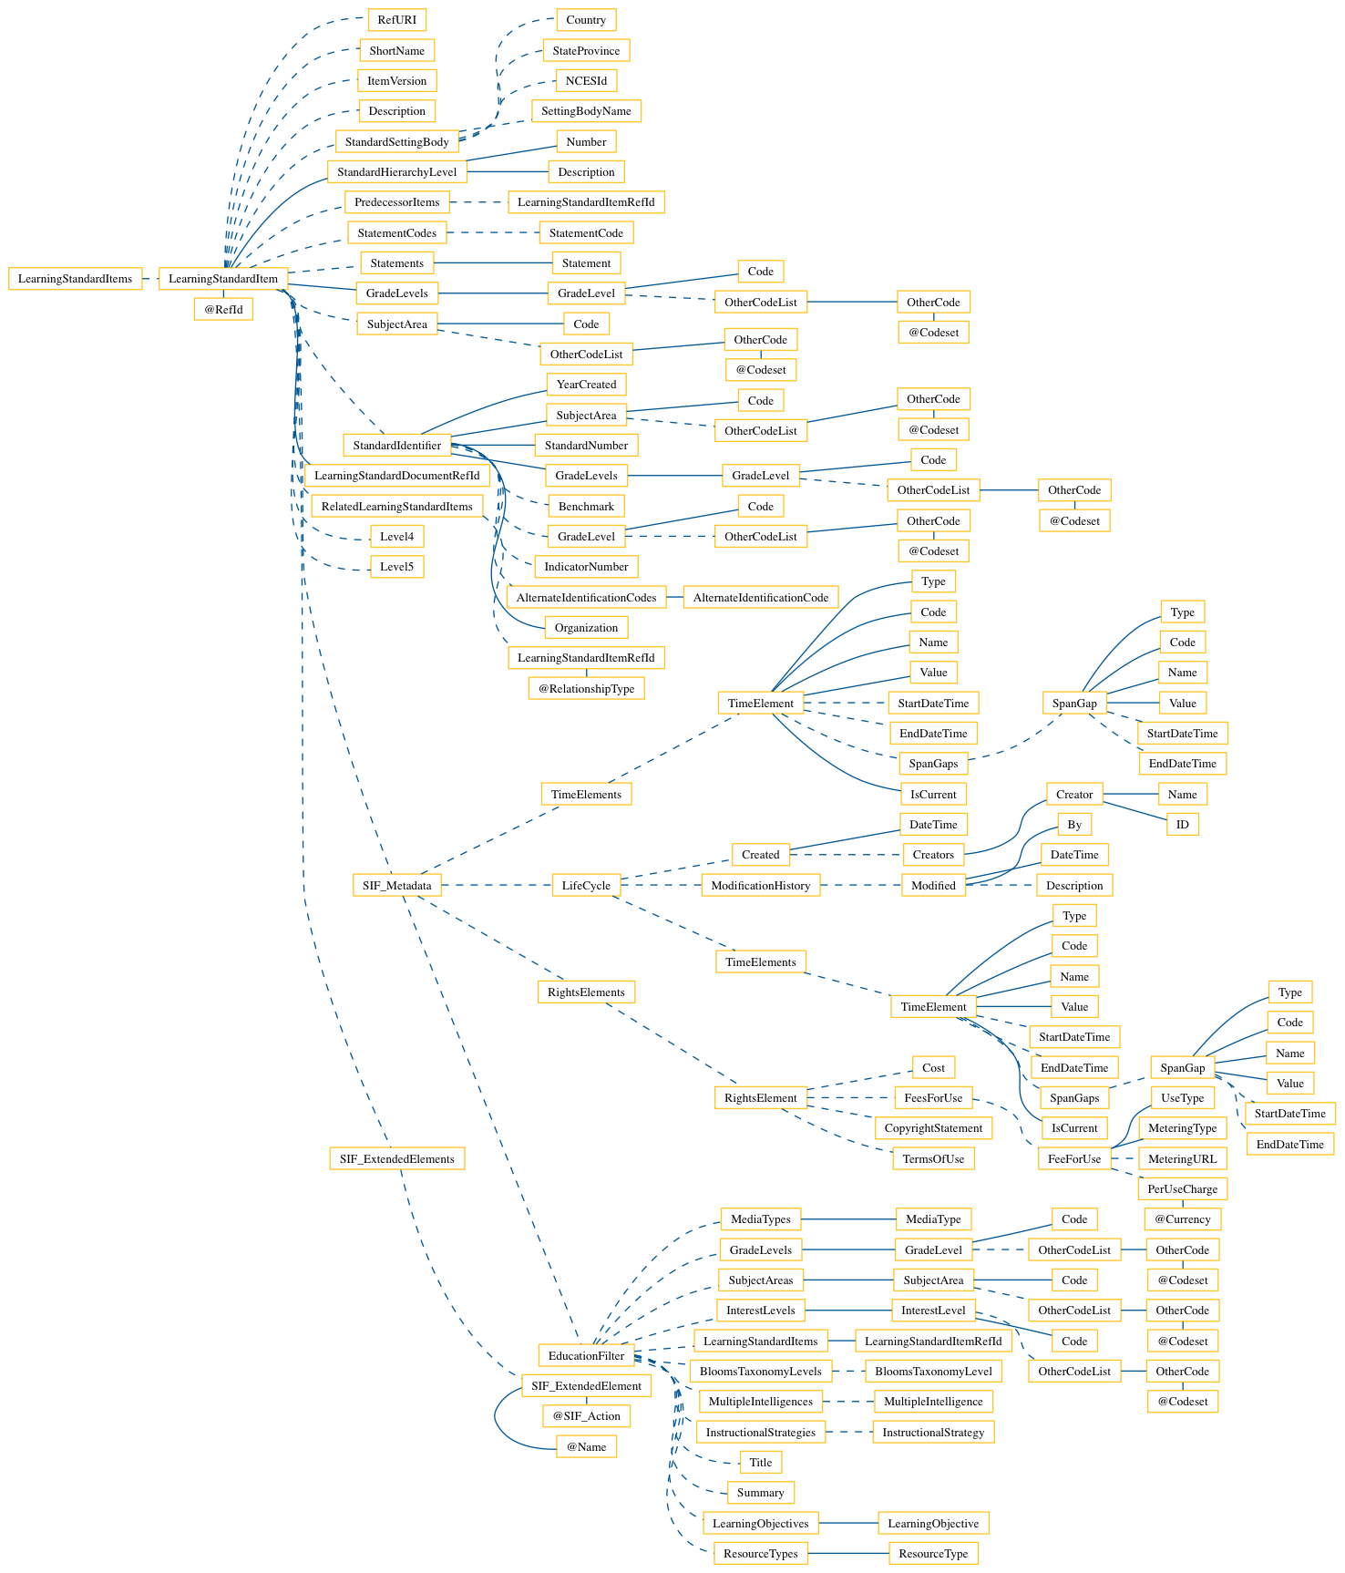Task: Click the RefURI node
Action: (396, 19)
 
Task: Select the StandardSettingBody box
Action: (396, 141)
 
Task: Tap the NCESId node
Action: (586, 80)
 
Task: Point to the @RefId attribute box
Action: (223, 309)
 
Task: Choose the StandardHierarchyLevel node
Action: (396, 171)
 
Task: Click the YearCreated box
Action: (586, 384)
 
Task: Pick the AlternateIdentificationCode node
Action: (760, 598)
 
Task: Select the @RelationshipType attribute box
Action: (586, 688)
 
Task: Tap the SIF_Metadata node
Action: (396, 885)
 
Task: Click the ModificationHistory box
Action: (760, 885)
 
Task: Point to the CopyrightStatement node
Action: (933, 1127)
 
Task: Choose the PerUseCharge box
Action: (1182, 1188)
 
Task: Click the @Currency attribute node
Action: (1182, 1218)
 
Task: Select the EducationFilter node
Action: (586, 1355)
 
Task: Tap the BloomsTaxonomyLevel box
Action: (933, 1371)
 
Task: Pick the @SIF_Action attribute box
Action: (586, 1415)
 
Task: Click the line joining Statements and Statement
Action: (492, 263)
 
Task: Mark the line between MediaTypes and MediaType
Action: (847, 1218)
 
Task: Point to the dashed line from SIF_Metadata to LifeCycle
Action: (497, 885)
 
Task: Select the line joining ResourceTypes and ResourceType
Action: (847, 1553)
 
